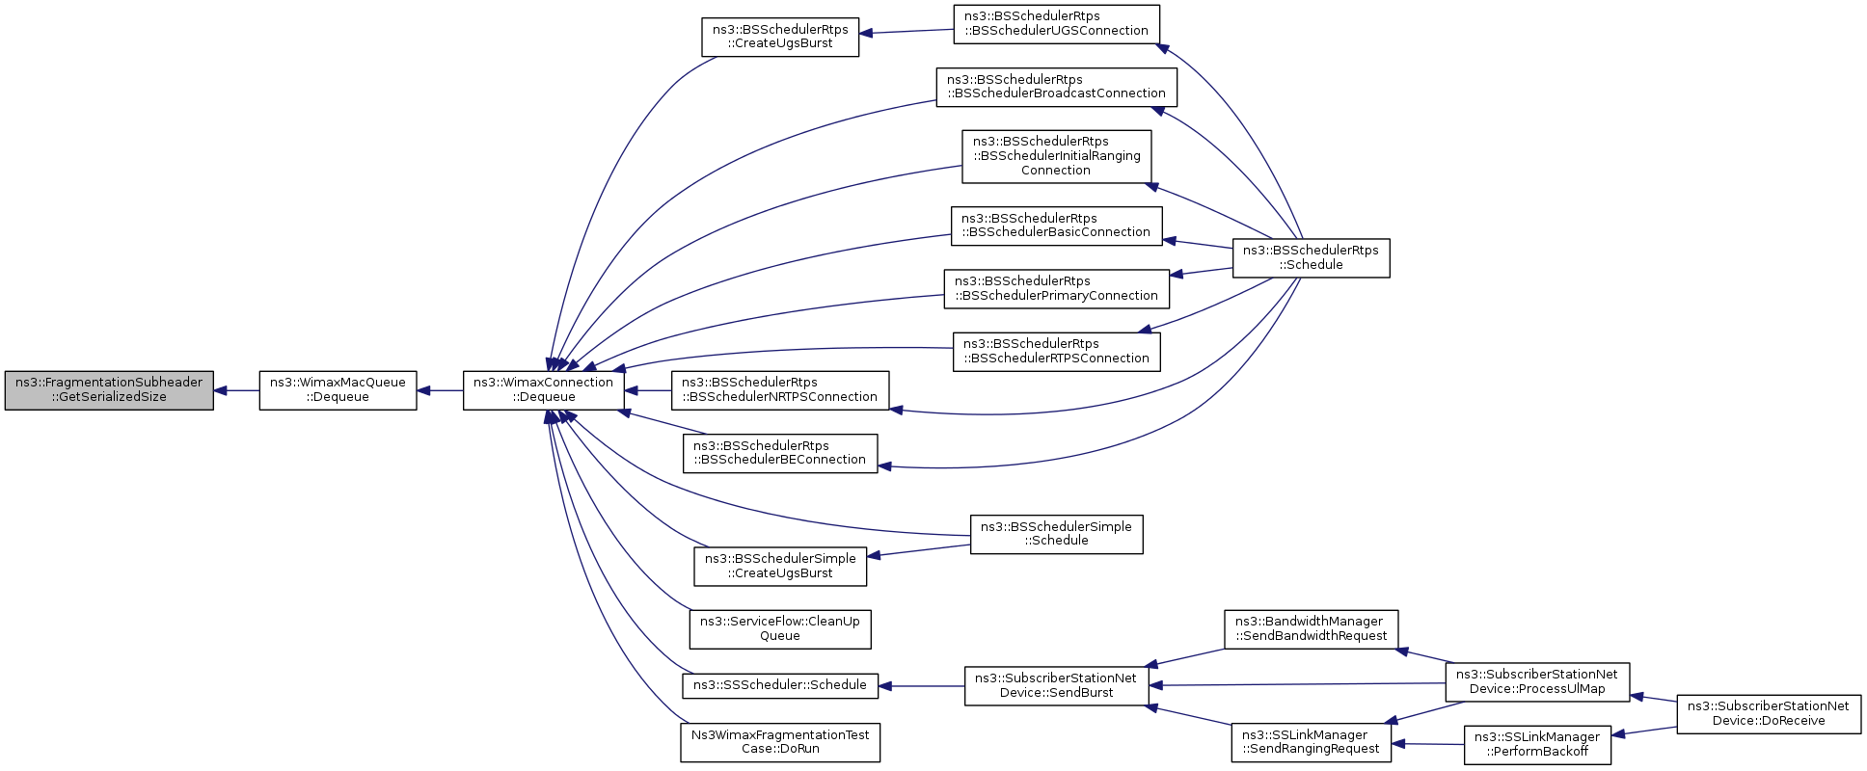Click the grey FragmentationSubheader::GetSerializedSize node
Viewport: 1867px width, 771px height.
[109, 390]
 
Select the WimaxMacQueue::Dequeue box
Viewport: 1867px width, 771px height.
[338, 390]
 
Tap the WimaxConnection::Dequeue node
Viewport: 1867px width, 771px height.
[544, 390]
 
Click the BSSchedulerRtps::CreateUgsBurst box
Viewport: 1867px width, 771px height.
[780, 37]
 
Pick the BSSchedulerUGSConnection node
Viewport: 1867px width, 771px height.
[1056, 24]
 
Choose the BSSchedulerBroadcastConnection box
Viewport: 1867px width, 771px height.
[1056, 87]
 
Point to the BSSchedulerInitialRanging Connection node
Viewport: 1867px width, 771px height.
[1056, 156]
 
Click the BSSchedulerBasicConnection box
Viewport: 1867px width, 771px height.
[1056, 226]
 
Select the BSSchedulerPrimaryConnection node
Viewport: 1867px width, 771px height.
[1056, 289]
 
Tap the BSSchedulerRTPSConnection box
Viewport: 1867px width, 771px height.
[1056, 352]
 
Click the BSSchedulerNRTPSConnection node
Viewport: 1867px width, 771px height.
[780, 390]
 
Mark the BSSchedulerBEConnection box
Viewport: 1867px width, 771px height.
[780, 453]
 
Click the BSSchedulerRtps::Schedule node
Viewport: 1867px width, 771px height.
[1312, 257]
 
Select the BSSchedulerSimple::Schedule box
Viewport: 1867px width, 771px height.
[1056, 534]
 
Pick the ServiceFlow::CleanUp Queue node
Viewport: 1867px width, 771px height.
[780, 628]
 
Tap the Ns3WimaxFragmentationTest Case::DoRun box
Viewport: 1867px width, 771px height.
[780, 742]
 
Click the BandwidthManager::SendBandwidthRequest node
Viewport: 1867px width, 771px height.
[1312, 628]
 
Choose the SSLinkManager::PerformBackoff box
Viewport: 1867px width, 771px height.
[1537, 745]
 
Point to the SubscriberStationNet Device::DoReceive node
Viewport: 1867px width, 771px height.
[1769, 713]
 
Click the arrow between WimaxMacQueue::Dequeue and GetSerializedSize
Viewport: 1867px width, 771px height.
[236, 390]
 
